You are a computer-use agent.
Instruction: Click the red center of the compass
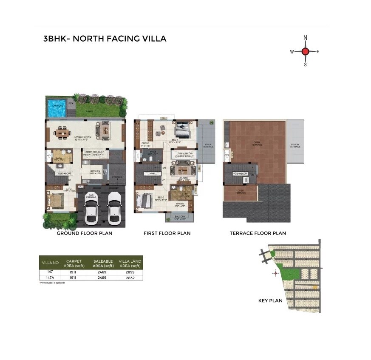click(305, 51)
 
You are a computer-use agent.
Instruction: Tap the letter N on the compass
click(305, 38)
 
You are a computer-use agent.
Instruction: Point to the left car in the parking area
click(91, 208)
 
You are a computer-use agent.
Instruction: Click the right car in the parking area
click(113, 208)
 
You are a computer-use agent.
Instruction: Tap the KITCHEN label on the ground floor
click(95, 171)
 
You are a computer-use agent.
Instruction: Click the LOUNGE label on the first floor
click(183, 178)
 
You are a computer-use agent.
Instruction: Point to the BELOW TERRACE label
click(295, 145)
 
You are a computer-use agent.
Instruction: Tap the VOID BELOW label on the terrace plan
click(240, 174)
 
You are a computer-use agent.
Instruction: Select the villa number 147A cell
click(50, 278)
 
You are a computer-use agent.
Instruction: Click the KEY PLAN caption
click(270, 300)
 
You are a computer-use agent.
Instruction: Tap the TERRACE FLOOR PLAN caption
click(258, 233)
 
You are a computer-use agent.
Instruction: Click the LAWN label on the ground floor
click(88, 111)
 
